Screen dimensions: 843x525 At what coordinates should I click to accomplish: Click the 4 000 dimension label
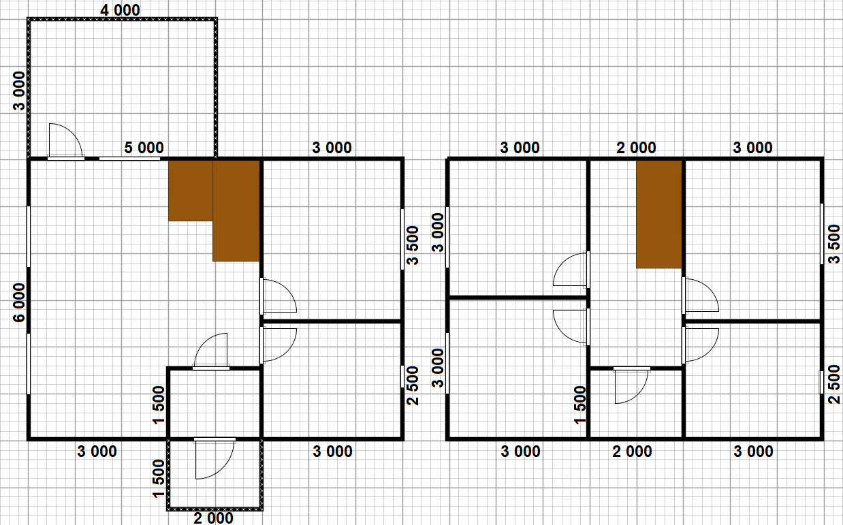pyautogui.click(x=120, y=10)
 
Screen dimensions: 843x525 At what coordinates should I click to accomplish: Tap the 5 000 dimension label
pyautogui.click(x=144, y=148)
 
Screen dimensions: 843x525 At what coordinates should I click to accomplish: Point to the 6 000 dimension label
pyautogui.click(x=19, y=302)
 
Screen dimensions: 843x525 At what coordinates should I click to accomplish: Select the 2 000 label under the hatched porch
pyautogui.click(x=213, y=518)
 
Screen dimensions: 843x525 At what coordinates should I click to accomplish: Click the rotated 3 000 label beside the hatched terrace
pyautogui.click(x=19, y=91)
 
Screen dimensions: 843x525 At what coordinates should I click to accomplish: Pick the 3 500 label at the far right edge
pyautogui.click(x=834, y=244)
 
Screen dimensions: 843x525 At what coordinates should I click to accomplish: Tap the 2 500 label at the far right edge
pyautogui.click(x=834, y=384)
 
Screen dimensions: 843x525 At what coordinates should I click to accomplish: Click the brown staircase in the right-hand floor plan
pyautogui.click(x=659, y=214)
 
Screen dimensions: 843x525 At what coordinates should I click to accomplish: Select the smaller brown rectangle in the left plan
pyautogui.click(x=191, y=191)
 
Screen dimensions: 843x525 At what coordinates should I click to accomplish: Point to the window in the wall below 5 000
pyautogui.click(x=129, y=159)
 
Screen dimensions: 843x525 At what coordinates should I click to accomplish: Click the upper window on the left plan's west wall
pyautogui.click(x=29, y=237)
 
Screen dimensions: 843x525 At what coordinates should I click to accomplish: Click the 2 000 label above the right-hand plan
pyautogui.click(x=637, y=148)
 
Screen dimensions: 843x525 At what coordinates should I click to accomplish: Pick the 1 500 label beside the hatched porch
pyautogui.click(x=159, y=478)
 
